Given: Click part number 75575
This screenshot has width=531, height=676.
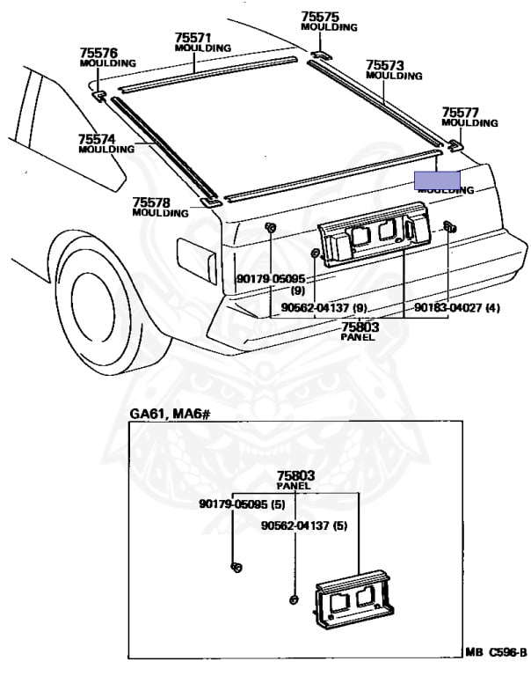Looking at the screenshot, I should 320,16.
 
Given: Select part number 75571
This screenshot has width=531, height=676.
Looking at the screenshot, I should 193,38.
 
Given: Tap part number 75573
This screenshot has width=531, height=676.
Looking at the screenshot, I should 384,65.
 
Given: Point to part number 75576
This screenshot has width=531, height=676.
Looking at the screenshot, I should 98,52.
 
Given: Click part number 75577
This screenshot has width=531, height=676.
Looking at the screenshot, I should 460,113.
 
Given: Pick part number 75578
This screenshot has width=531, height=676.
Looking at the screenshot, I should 150,202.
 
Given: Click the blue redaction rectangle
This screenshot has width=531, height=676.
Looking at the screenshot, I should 438,180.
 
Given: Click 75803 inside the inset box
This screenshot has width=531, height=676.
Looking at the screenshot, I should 295,475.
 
